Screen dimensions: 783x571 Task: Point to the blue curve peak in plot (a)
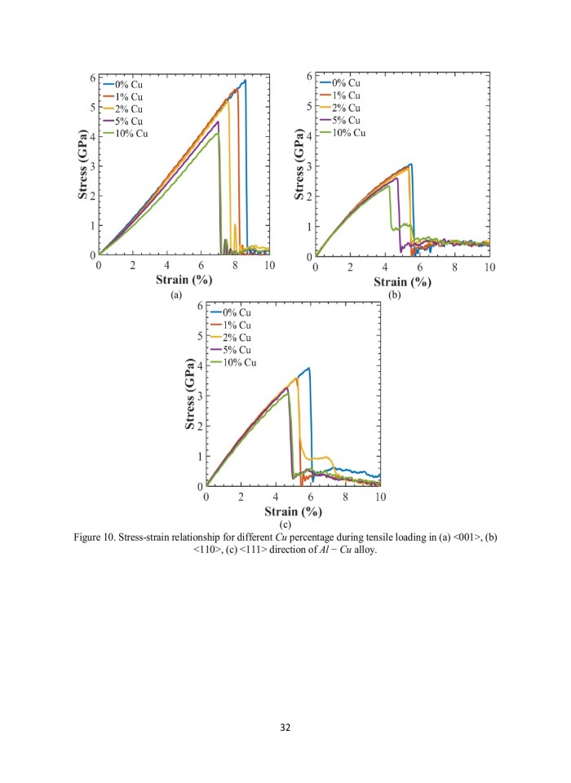[244, 80]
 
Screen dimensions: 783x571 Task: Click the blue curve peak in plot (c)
[308, 368]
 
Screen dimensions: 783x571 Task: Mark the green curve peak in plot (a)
[217, 133]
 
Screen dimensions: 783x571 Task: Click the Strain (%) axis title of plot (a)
[184, 280]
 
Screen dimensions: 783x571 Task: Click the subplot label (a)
[175, 294]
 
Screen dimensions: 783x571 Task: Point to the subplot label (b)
[396, 294]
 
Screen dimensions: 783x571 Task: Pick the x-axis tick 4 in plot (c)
[276, 497]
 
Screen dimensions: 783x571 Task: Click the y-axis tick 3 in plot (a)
[92, 166]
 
